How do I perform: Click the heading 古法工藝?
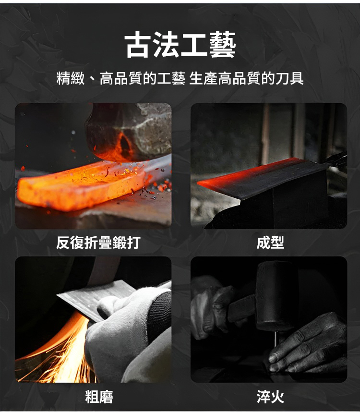pyautogui.click(x=180, y=45)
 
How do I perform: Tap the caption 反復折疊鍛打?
pyautogui.click(x=98, y=243)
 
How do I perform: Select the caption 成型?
pyautogui.click(x=270, y=243)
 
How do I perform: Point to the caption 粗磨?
pyautogui.click(x=99, y=397)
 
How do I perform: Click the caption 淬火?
pyautogui.click(x=270, y=397)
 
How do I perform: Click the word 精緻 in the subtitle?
pyautogui.click(x=71, y=78)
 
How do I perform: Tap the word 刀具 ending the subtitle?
pyautogui.click(x=289, y=78)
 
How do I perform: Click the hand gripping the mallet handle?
pyautogui.click(x=213, y=307)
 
